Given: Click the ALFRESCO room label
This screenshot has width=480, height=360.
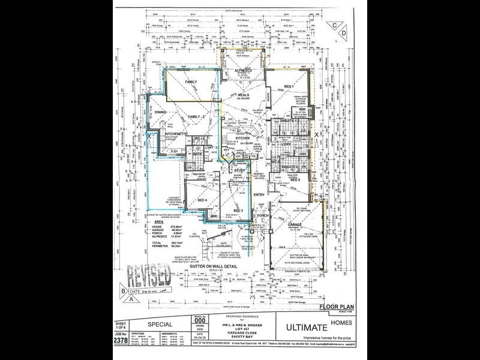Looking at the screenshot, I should tap(240, 71).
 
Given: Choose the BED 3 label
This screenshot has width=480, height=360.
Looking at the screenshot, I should tap(238, 211).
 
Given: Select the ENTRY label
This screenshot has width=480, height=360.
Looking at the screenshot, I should tap(259, 194).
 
